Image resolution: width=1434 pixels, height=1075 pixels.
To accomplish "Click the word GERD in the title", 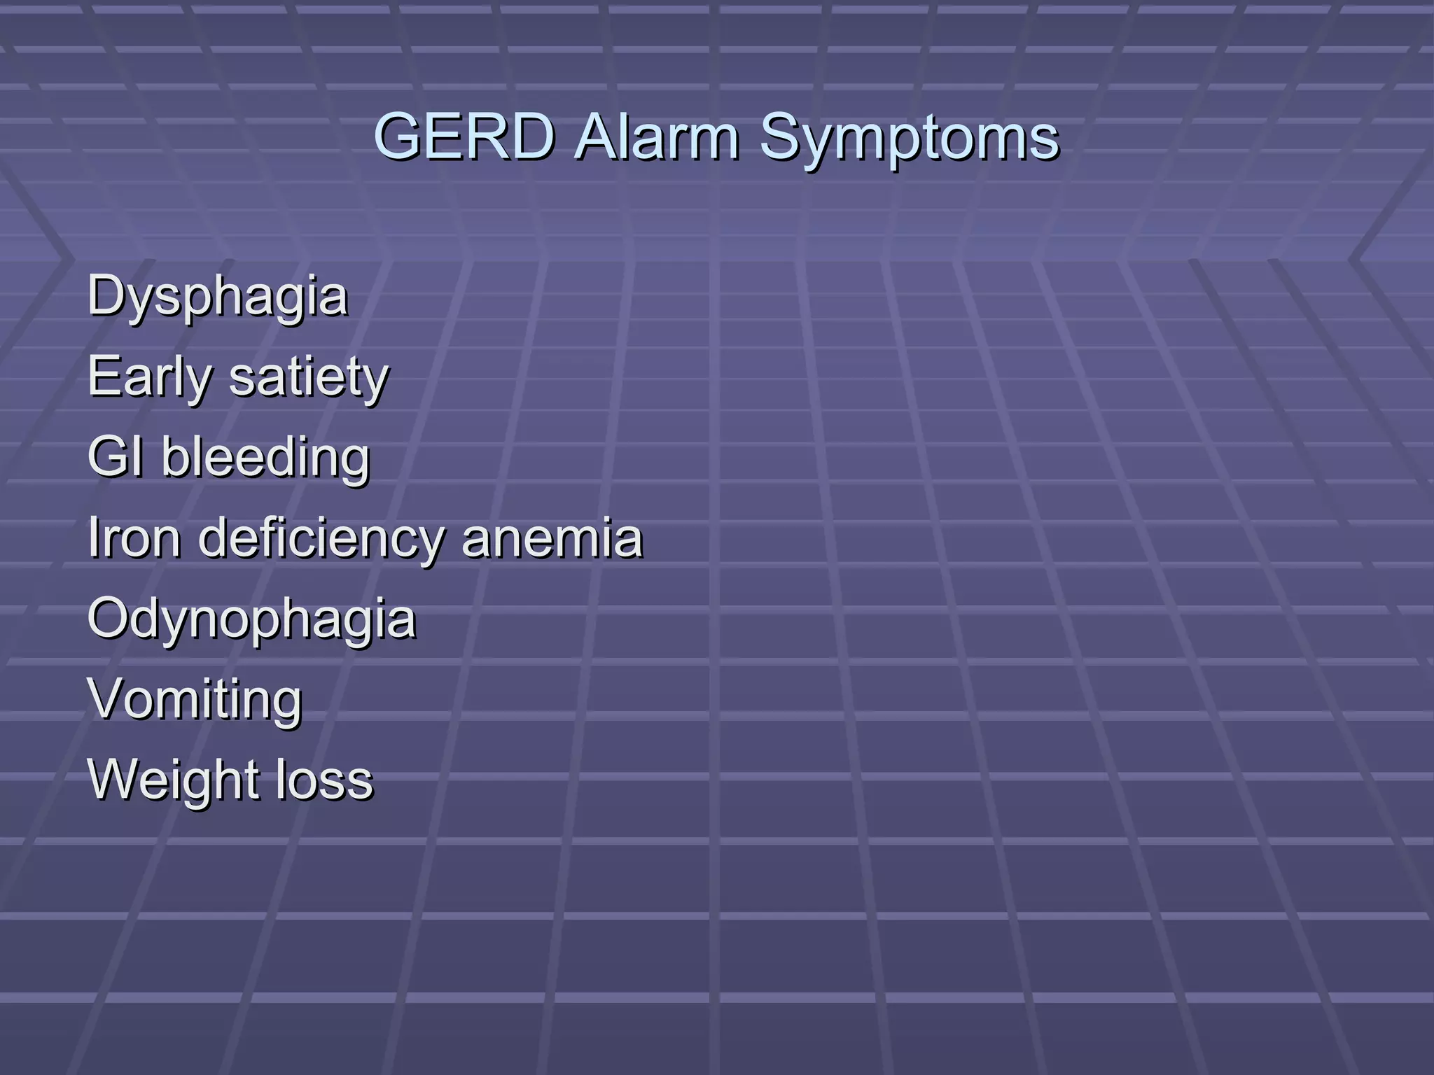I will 465,136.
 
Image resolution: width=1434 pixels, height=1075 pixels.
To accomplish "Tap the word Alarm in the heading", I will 656,136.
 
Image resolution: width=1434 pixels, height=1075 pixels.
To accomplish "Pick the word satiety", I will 309,377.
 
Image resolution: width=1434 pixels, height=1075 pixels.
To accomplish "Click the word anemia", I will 552,537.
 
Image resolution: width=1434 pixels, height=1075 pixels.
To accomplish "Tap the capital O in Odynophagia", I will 109,617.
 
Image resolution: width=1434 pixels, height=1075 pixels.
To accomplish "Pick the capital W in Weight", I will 113,778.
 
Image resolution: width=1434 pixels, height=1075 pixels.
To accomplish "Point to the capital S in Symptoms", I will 779,136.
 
